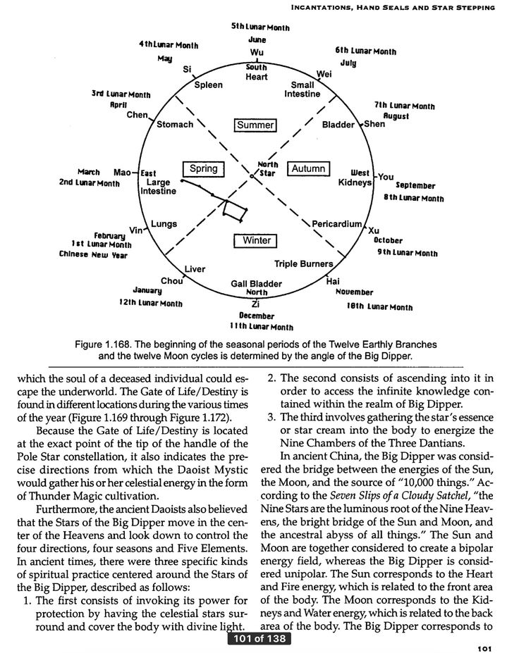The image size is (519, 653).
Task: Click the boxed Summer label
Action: pos(255,125)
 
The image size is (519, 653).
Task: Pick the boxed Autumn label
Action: pos(308,168)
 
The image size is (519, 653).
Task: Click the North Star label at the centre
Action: pos(268,168)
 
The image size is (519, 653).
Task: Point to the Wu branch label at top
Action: pos(256,54)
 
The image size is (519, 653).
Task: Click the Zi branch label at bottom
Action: pos(256,304)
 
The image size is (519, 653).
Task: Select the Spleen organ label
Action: pos(209,85)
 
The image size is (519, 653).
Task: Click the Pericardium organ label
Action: pos(336,224)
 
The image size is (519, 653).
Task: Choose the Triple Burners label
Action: pos(303,264)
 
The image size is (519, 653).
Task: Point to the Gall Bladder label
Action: pos(256,283)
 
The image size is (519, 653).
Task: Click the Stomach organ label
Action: pos(174,125)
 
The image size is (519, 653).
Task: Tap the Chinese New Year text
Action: pos(93,255)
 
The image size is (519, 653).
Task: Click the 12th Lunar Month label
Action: pos(151,304)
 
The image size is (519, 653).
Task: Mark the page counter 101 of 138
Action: pos(259,640)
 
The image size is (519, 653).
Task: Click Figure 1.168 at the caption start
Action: pos(104,345)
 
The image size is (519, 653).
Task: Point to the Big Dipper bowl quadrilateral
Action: pos(233,210)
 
